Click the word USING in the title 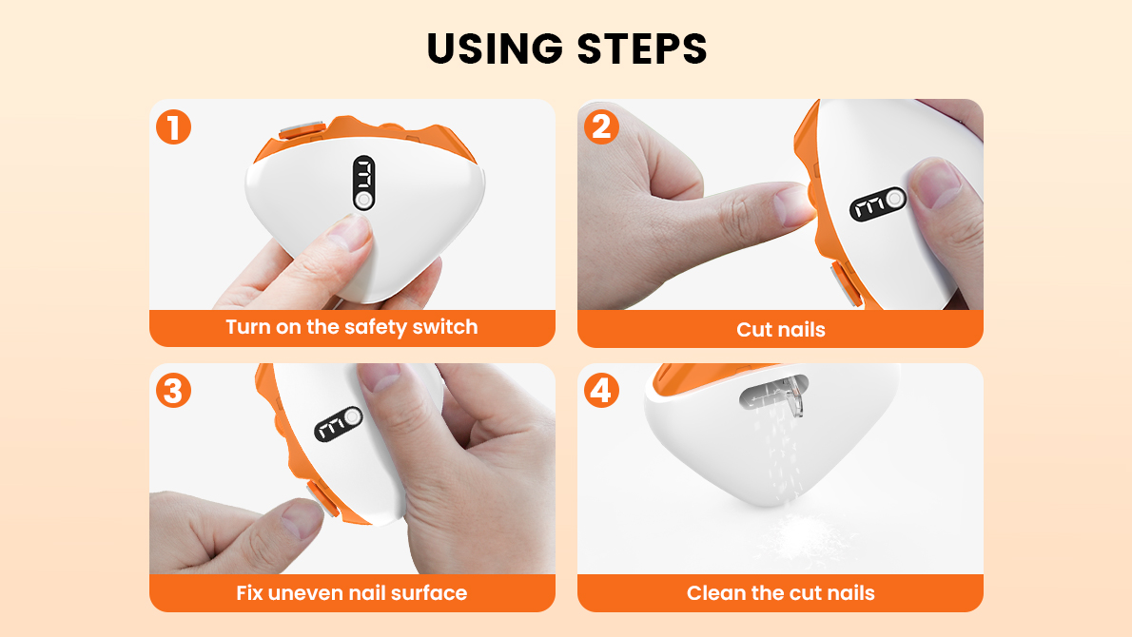495,49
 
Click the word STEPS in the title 642,49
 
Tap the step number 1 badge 173,127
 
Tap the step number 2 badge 601,127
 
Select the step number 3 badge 173,391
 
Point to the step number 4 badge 601,391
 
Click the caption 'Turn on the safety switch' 352,327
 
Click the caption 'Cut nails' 780,330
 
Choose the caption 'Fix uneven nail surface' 352,593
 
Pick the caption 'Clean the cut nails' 780,593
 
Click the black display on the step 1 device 363,183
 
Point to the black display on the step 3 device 338,425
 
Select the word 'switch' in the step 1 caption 445,327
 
